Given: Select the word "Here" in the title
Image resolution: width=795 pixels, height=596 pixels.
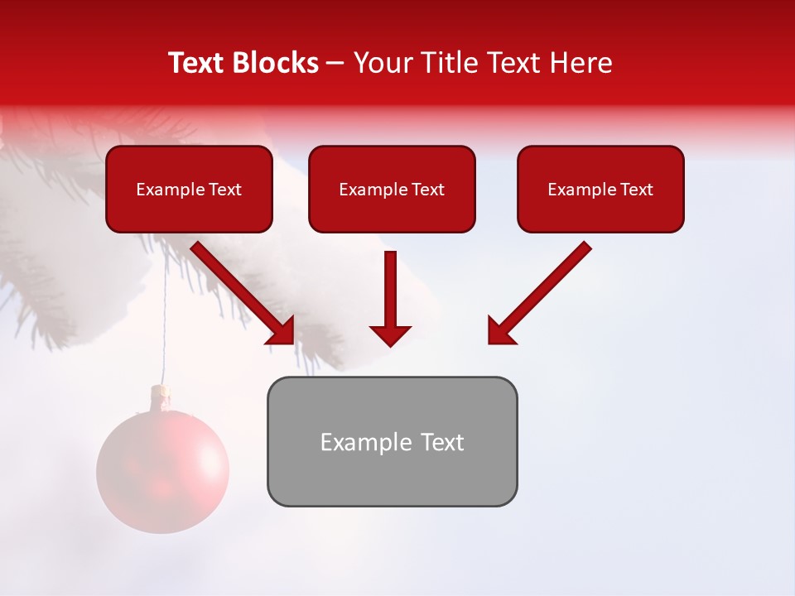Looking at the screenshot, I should (582, 63).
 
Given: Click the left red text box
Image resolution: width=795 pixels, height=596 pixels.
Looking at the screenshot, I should (189, 189).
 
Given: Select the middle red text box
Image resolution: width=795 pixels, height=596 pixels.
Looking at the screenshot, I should (392, 189).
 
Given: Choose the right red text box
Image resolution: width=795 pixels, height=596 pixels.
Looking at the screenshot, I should (600, 189).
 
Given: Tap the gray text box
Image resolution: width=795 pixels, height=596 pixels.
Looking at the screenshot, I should (392, 441).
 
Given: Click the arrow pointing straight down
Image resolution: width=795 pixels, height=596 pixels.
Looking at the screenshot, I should (390, 298).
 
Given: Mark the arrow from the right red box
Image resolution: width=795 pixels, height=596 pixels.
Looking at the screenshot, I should (538, 293).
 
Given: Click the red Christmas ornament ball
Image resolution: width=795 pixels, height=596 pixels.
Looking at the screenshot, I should (162, 470).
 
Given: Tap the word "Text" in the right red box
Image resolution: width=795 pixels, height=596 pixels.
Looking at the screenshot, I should (636, 190).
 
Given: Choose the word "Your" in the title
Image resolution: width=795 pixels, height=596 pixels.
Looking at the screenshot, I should (383, 63).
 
